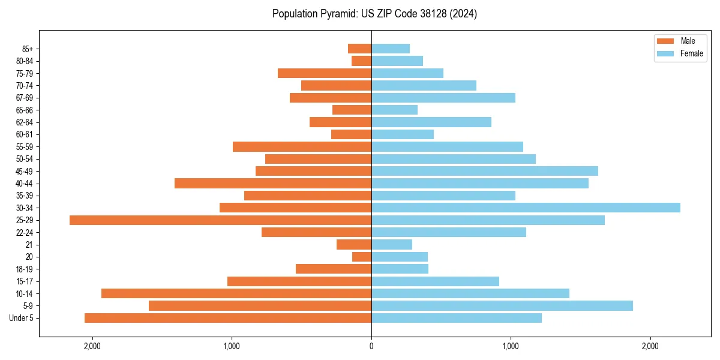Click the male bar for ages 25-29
221,220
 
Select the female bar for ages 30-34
526,208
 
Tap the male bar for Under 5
228,318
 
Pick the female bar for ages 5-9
502,306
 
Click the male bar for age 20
362,257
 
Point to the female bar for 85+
391,49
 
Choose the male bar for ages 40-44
273,184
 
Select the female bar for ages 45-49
485,171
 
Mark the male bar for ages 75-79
325,73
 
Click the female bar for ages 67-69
443,98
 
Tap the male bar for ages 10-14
236,293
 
